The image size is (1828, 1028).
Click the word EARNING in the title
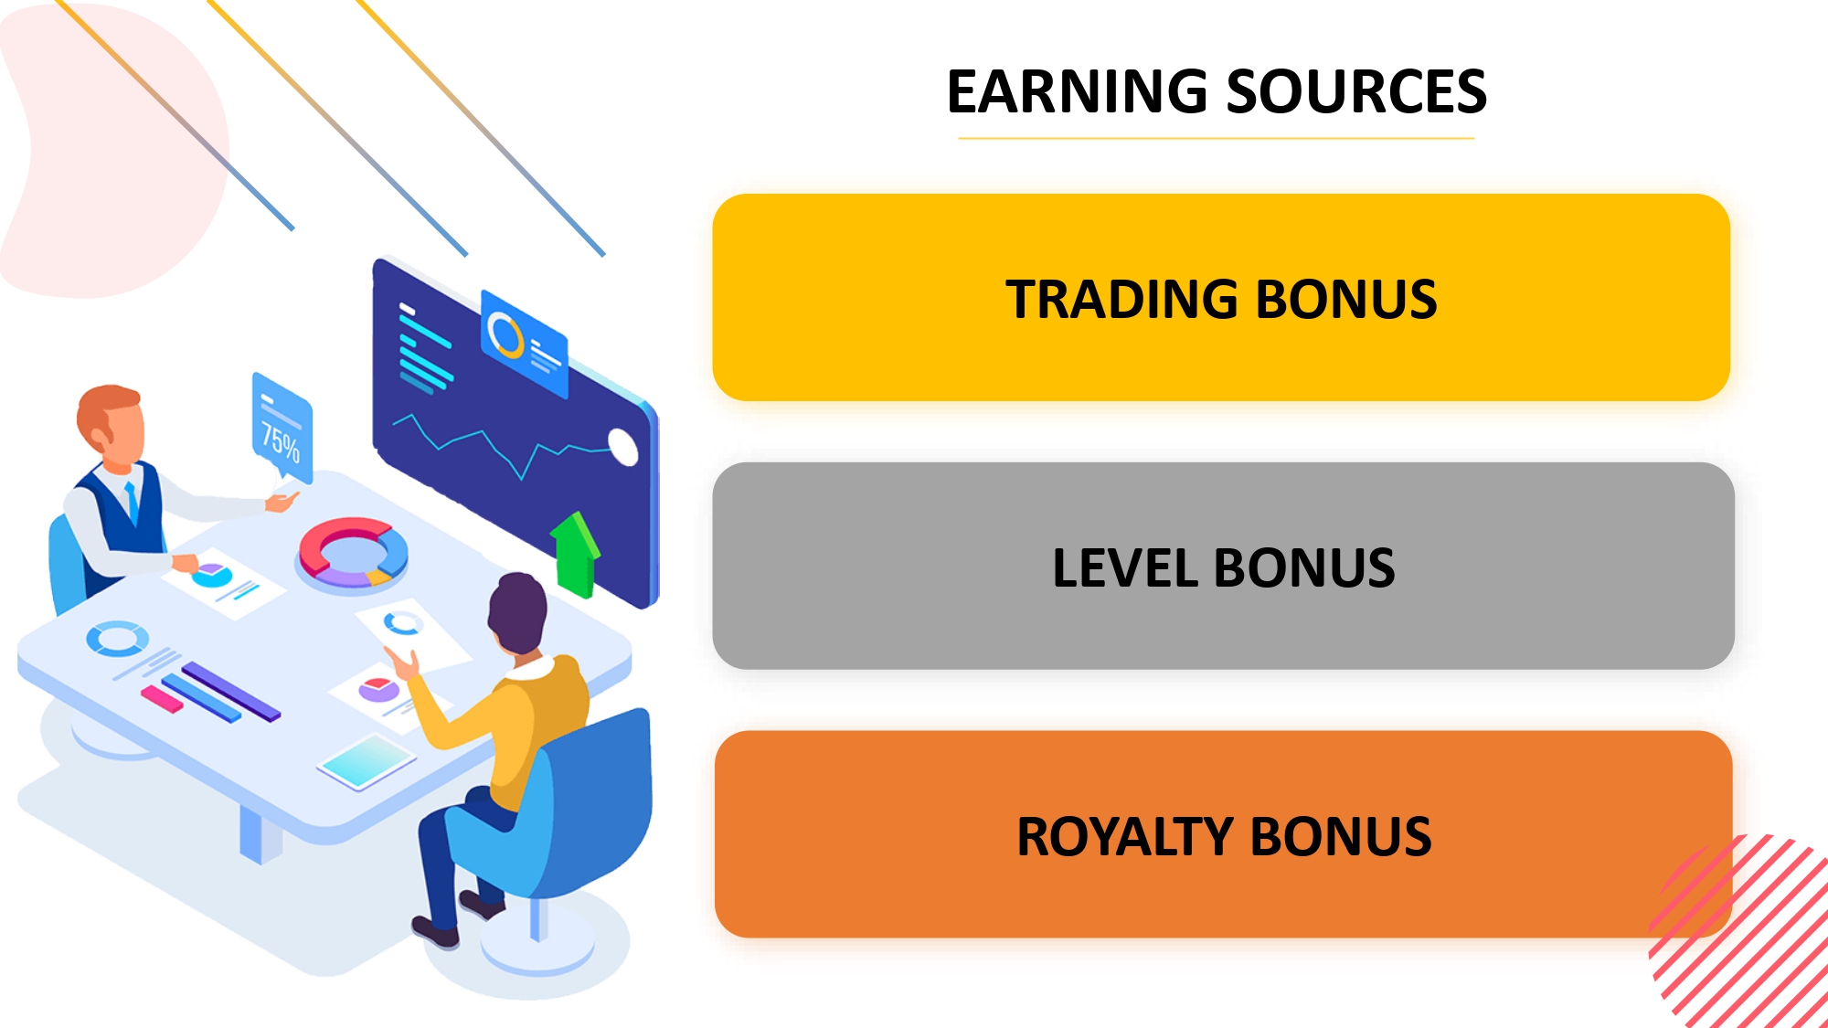1078,91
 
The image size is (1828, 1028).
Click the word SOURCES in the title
1356,91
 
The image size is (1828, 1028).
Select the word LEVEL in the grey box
1123,568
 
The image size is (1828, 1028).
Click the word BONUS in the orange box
1341,837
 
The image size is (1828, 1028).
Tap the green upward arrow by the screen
576,554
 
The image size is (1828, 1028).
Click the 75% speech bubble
282,428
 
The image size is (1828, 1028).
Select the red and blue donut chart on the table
353,552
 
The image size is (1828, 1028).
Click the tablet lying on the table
367,760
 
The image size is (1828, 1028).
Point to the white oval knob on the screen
623,446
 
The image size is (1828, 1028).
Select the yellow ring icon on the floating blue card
505,334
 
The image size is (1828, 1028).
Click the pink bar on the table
162,699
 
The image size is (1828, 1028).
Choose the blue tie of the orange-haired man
133,502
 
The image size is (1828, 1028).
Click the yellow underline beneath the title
1217,139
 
